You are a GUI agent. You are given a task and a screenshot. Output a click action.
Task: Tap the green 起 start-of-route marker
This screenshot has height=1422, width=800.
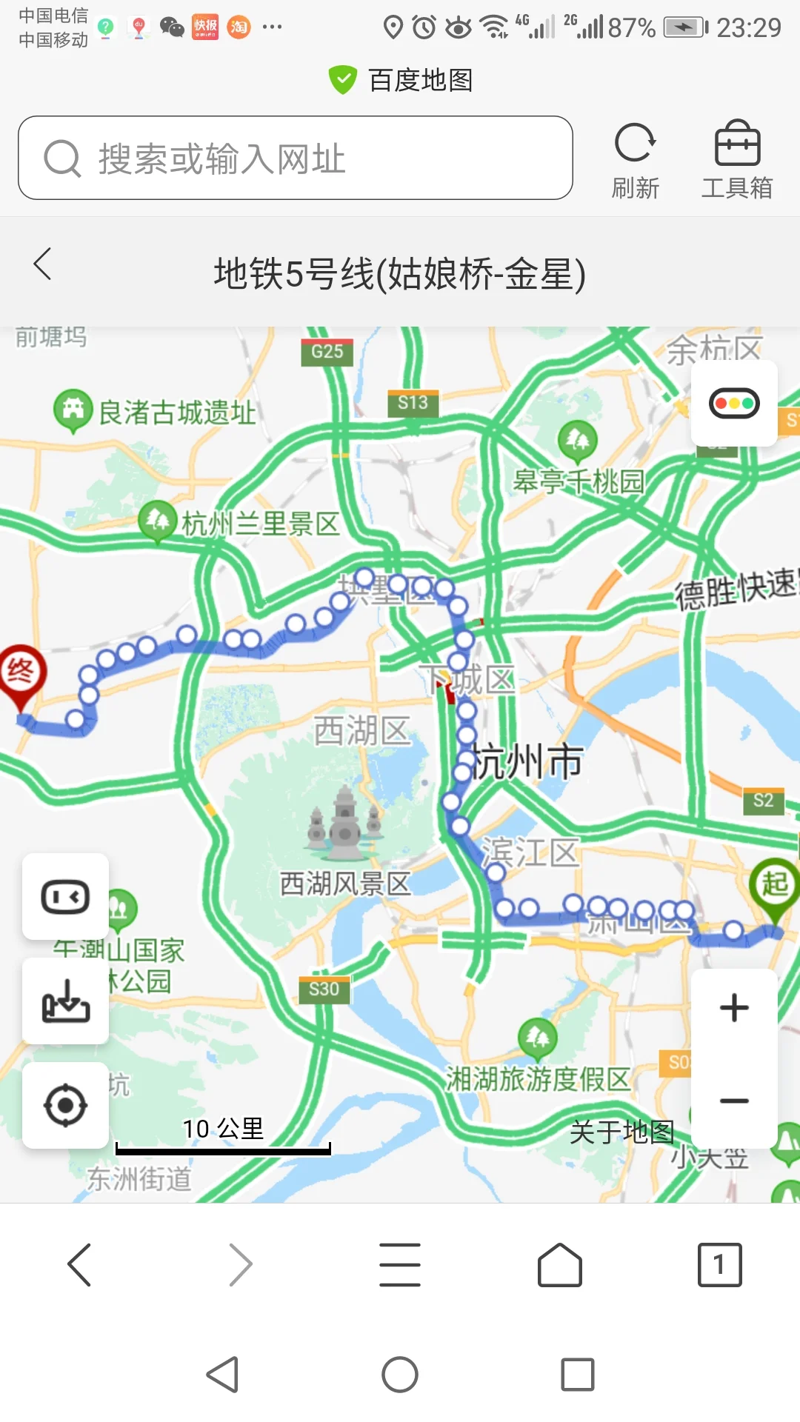tap(775, 884)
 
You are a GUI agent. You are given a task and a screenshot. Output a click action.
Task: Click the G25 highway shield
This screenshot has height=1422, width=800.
tap(327, 352)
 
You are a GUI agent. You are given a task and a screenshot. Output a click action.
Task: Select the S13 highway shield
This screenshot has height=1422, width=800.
tap(413, 403)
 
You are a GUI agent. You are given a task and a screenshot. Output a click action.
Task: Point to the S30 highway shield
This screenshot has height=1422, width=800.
tap(324, 989)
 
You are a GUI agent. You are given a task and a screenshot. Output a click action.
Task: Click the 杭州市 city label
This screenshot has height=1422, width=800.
tap(527, 761)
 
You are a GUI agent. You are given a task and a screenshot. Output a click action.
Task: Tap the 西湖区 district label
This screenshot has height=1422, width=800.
tap(361, 730)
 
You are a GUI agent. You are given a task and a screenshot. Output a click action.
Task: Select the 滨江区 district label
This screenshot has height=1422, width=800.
tap(530, 852)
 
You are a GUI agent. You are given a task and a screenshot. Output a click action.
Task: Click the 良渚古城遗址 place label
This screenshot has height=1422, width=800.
tap(177, 413)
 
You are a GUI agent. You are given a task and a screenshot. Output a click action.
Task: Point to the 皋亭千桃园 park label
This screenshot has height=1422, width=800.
tap(579, 481)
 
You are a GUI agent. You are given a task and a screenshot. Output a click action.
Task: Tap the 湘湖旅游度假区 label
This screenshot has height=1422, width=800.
tap(538, 1079)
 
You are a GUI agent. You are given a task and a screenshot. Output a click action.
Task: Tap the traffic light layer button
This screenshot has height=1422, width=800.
tap(734, 404)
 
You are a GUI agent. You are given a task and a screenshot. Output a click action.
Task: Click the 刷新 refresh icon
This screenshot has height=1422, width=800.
tap(635, 144)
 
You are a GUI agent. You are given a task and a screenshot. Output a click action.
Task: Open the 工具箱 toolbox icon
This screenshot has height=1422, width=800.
tap(737, 144)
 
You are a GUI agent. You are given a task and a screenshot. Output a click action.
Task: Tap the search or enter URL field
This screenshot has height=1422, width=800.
tap(296, 158)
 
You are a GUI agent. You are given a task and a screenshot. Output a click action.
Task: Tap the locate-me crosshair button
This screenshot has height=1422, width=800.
tap(65, 1106)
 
